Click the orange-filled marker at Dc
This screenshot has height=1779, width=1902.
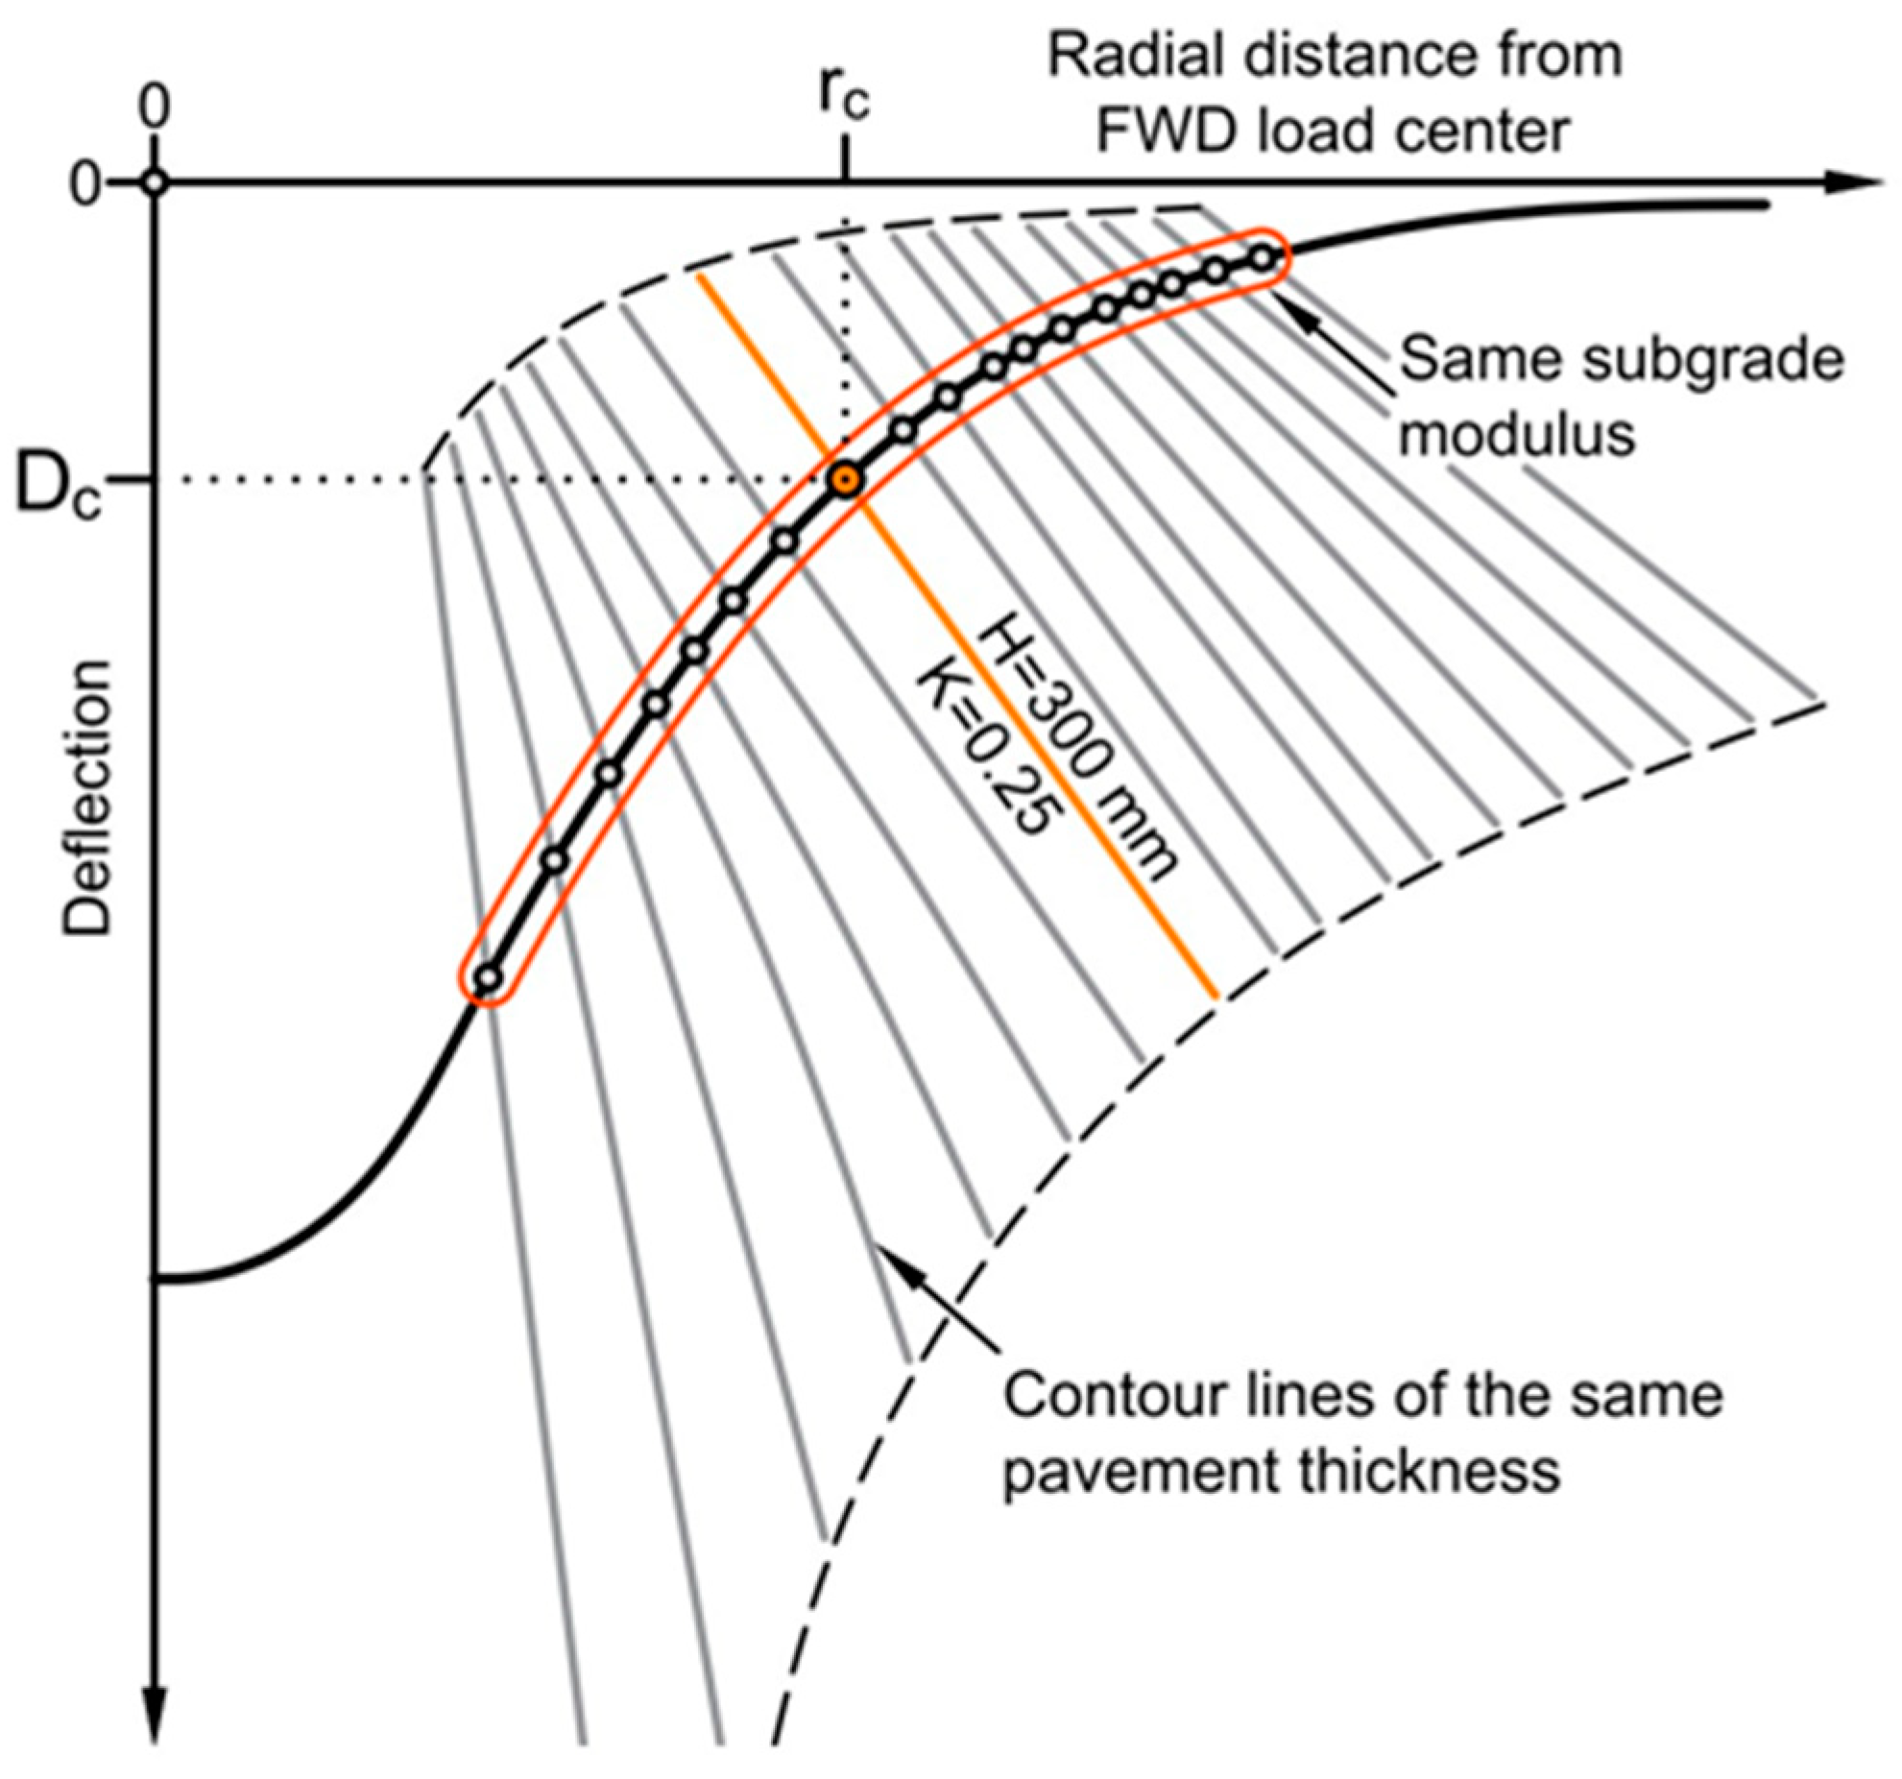coord(845,480)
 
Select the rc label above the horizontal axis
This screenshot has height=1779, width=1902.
coord(844,96)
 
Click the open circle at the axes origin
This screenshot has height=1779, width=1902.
coord(155,182)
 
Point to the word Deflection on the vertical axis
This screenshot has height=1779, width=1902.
coord(88,797)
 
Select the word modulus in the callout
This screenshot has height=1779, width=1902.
coord(1516,434)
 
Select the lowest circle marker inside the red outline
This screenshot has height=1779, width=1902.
coord(489,978)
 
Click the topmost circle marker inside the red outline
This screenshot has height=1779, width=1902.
coord(1263,257)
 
